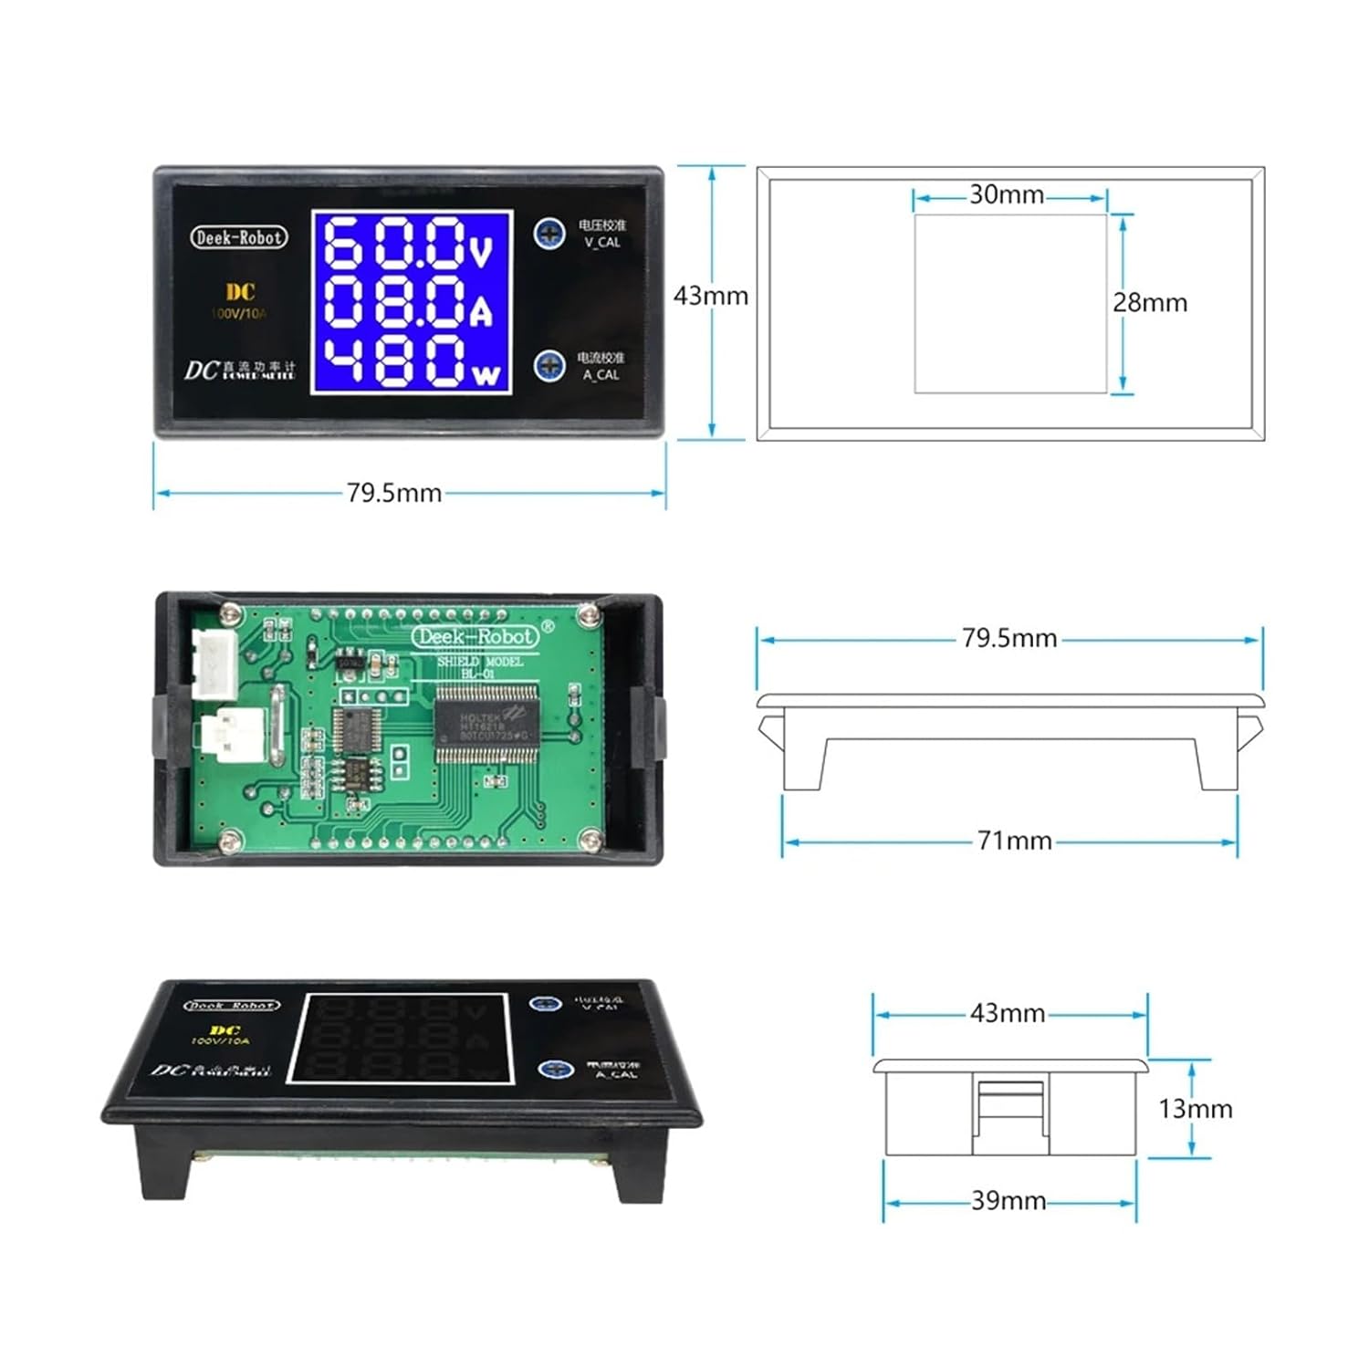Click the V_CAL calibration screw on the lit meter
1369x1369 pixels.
[549, 234]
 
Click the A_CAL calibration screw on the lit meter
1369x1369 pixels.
[549, 366]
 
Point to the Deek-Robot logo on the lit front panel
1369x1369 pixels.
[239, 237]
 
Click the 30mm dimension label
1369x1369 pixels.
[1006, 194]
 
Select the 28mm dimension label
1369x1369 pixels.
[1150, 303]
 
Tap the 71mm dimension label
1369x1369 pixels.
[1014, 841]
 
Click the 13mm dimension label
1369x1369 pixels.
[1195, 1109]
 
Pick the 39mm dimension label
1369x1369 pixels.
[1008, 1201]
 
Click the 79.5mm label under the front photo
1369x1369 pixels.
[393, 493]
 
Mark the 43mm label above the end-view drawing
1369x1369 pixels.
[1007, 1013]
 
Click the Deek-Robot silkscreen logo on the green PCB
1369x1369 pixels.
[475, 636]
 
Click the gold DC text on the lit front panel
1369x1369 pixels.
[240, 292]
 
